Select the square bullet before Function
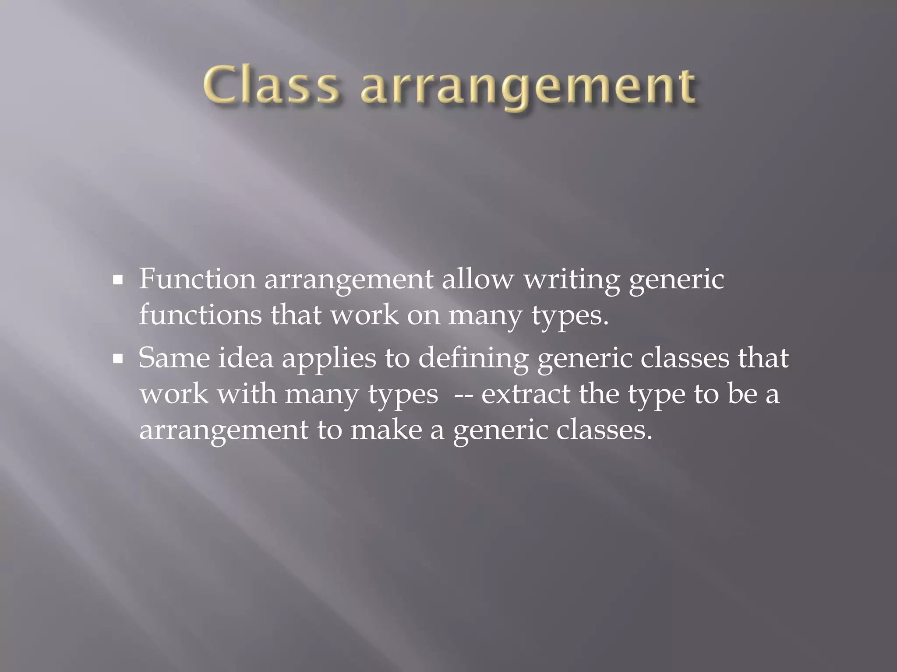point(117,281)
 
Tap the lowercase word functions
point(200,315)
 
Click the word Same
point(174,358)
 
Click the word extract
point(526,394)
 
